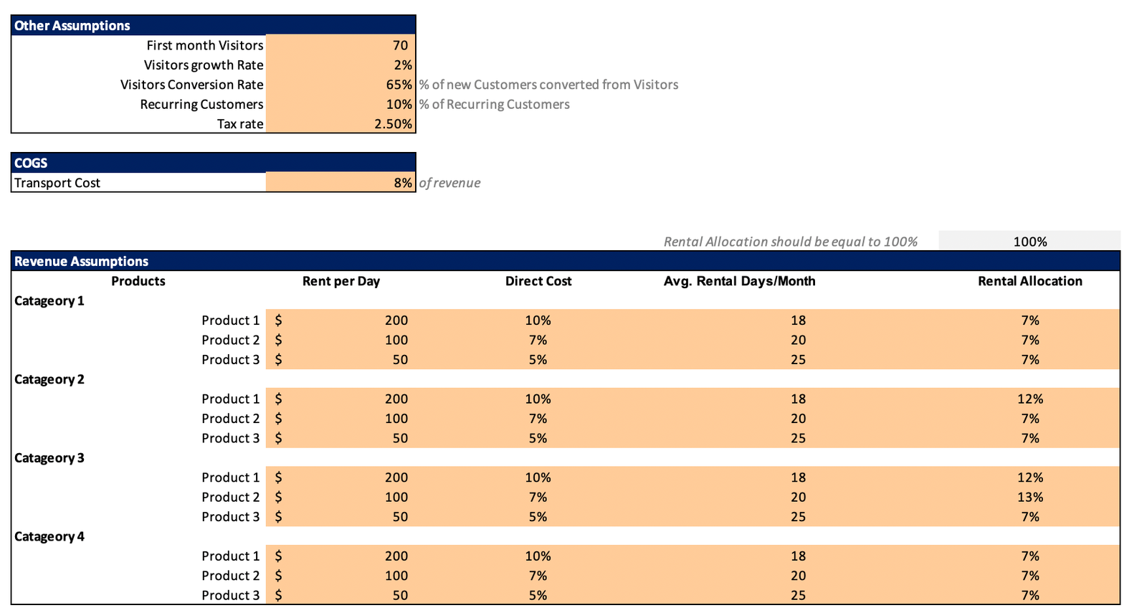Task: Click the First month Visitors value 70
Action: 400,45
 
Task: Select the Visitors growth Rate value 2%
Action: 403,65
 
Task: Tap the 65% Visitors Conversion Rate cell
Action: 399,85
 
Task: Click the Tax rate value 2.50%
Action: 393,124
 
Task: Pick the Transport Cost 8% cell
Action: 403,183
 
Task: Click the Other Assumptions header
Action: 72,25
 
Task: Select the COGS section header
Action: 31,163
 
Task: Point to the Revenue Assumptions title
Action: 81,261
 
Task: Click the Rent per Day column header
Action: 341,281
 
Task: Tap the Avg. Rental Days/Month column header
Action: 739,281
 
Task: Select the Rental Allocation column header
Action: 1029,281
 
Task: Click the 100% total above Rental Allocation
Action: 1029,242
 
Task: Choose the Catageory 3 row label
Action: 49,457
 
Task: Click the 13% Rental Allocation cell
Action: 1029,497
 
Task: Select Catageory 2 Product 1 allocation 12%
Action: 1029,399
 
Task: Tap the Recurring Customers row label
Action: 201,104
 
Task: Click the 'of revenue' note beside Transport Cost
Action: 449,183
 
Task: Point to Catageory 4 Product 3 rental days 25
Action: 798,595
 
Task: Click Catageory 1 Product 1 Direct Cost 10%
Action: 538,320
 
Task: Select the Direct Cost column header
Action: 538,281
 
